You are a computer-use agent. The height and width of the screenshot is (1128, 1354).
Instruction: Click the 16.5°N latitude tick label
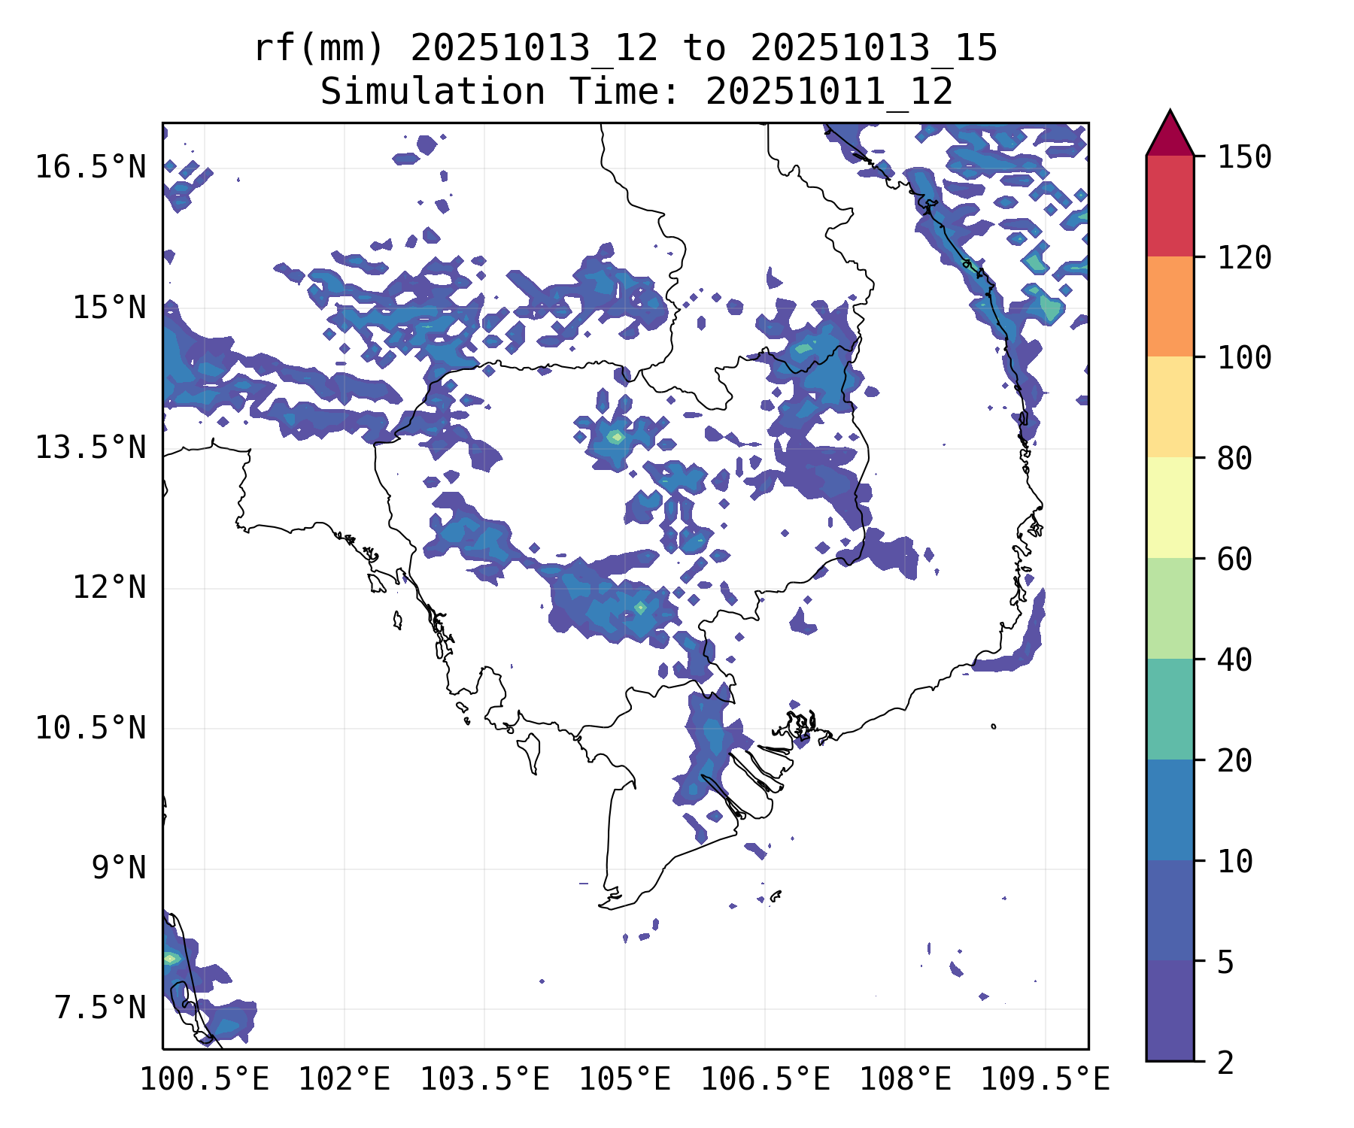click(91, 167)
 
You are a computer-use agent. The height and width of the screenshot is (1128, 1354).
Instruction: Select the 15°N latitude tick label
click(109, 308)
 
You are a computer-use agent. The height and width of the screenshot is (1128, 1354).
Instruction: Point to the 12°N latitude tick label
click(109, 587)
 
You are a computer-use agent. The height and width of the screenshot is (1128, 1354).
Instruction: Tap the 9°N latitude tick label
click(119, 868)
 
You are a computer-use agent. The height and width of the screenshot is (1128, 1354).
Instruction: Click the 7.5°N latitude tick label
click(100, 1008)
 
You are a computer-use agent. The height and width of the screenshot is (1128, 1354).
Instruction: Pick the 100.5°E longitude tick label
click(205, 1080)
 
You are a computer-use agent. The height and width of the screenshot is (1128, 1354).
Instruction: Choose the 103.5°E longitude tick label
click(484, 1080)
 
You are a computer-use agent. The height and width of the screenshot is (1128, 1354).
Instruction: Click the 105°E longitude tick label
click(624, 1080)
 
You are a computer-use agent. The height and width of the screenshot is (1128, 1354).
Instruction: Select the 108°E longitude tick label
click(905, 1080)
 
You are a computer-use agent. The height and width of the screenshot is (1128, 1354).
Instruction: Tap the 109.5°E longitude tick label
click(1046, 1080)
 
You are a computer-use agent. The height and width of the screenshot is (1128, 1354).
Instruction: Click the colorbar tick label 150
click(1244, 158)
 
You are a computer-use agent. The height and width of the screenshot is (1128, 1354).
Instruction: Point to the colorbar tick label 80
click(1234, 459)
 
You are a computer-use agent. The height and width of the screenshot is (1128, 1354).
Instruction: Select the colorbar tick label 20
click(1234, 761)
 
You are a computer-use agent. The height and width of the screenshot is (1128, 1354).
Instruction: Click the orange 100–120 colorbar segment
click(1170, 306)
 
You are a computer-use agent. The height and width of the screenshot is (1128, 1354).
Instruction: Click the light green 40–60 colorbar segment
click(1170, 608)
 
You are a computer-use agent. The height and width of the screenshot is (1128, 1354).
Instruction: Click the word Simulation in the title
click(433, 92)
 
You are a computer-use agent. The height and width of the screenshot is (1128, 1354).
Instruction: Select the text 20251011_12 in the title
click(829, 92)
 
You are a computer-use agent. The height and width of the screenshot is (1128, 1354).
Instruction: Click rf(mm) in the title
click(319, 49)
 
